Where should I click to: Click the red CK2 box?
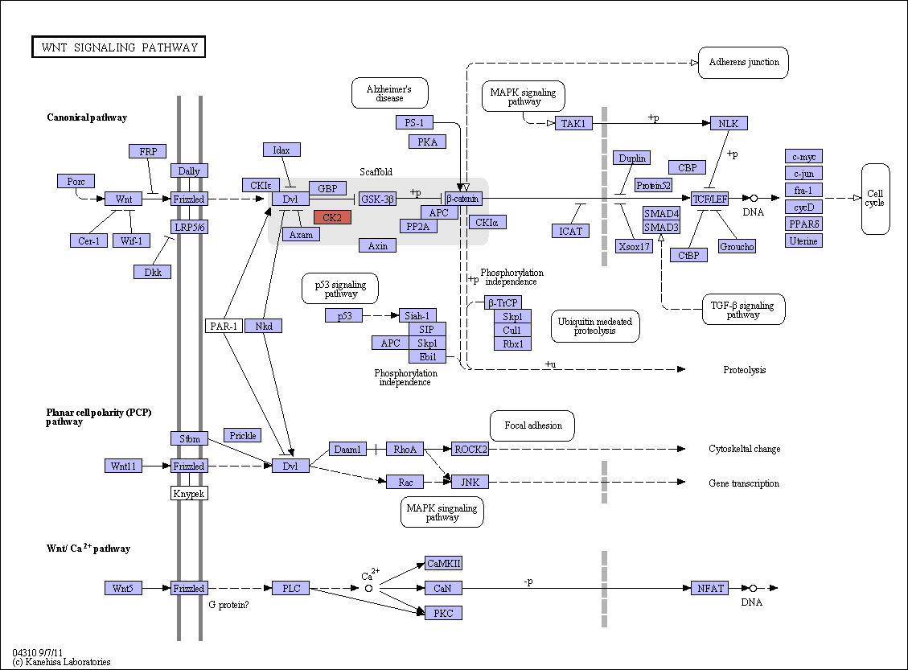click(x=332, y=217)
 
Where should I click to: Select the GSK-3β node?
click(x=377, y=199)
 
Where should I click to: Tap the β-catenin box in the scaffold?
click(x=462, y=199)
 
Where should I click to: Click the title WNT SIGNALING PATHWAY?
click(x=119, y=47)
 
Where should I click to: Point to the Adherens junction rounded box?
click(x=744, y=63)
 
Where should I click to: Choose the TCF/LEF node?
click(x=710, y=199)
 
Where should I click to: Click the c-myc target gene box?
click(x=803, y=156)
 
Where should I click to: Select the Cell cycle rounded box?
click(x=875, y=199)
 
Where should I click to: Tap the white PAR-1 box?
click(x=224, y=326)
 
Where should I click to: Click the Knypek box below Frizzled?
click(x=189, y=493)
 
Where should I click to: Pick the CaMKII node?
click(x=444, y=563)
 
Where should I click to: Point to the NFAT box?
click(x=710, y=588)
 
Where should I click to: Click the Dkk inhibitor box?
click(x=152, y=272)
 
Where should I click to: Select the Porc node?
click(x=76, y=181)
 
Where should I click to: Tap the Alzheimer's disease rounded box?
click(x=390, y=93)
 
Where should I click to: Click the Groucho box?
click(x=737, y=246)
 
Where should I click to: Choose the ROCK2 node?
click(x=470, y=449)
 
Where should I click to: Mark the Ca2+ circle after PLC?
click(x=368, y=588)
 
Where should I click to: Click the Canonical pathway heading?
click(x=87, y=117)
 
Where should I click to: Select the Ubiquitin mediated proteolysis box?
click(x=594, y=326)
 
